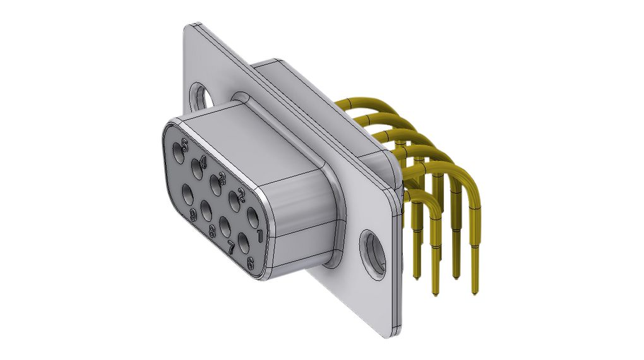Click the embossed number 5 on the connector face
coord(185,145)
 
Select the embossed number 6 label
coord(250,264)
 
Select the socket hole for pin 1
coord(253,219)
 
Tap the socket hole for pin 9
coord(188,195)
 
